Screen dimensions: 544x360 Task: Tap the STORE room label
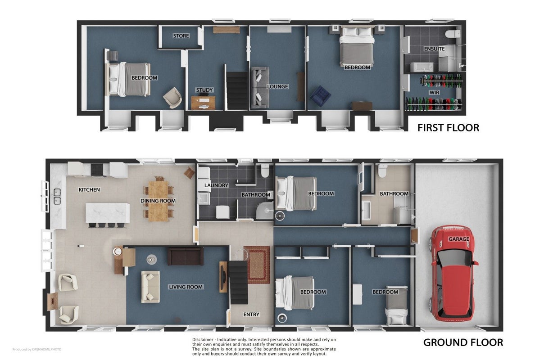[181, 36]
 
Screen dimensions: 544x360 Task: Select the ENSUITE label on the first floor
[434, 49]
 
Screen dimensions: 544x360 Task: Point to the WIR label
[434, 93]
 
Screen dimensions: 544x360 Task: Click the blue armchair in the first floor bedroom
[320, 96]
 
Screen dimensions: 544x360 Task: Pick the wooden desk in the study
[203, 103]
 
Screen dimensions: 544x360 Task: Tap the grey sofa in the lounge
[260, 88]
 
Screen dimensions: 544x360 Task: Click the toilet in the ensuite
[453, 34]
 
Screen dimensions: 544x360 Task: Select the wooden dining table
[159, 201]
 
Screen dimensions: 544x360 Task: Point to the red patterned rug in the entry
[257, 265]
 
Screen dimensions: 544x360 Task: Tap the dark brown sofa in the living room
[186, 256]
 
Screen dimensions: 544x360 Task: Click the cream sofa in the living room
[150, 287]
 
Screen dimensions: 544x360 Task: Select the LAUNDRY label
[216, 185]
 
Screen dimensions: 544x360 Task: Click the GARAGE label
[458, 239]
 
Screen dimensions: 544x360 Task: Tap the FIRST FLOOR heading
[448, 128]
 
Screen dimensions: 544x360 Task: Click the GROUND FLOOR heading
[463, 342]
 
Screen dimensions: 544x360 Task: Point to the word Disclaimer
[203, 340]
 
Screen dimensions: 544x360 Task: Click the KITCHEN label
[89, 189]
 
